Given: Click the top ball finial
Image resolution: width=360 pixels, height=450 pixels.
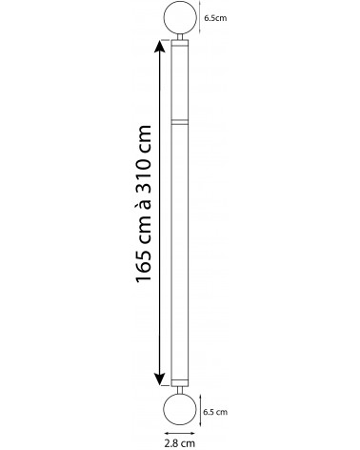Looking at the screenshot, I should click(x=179, y=18).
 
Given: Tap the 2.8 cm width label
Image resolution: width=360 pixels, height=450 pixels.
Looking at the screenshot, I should click(x=180, y=442).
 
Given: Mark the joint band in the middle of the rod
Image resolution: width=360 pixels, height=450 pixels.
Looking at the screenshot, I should click(x=179, y=122).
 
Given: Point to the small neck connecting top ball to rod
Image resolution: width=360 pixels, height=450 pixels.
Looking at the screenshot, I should click(x=179, y=36).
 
